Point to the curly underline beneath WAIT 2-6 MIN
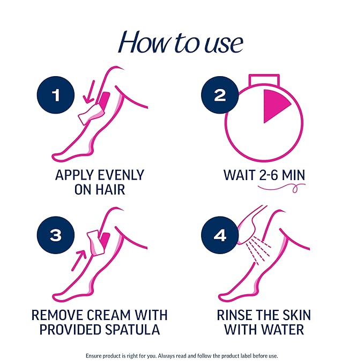click(x=281, y=188)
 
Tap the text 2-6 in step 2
click(x=271, y=175)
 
